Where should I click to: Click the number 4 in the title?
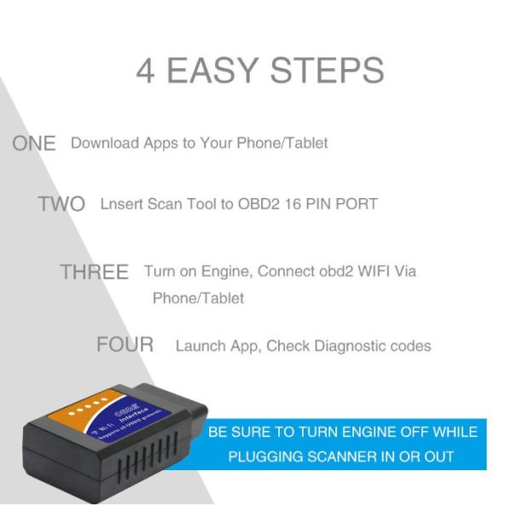click(145, 71)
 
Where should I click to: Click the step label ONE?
click(34, 143)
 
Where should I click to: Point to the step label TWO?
click(61, 205)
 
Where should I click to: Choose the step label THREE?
click(94, 272)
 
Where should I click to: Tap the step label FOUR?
click(125, 345)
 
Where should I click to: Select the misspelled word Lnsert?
click(122, 204)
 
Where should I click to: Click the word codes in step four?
click(410, 346)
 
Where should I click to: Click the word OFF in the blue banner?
click(409, 432)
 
